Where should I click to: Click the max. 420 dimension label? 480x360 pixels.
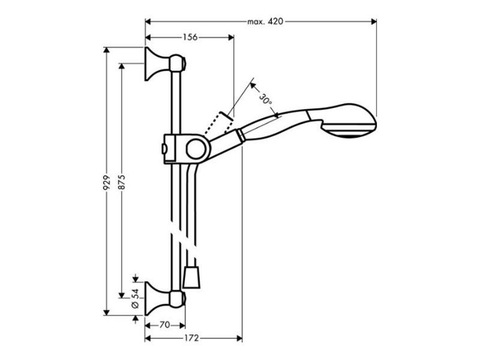pyautogui.click(x=265, y=22)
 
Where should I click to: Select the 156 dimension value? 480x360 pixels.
pyautogui.click(x=190, y=37)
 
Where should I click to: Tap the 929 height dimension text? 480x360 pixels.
pyautogui.click(x=106, y=182)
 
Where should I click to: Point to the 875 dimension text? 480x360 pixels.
pyautogui.click(x=122, y=182)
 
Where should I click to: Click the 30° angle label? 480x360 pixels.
pyautogui.click(x=265, y=99)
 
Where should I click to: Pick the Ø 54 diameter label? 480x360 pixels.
pyautogui.click(x=135, y=298)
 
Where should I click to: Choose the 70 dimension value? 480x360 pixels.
pyautogui.click(x=164, y=325)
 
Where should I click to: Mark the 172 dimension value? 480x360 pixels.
pyautogui.click(x=191, y=338)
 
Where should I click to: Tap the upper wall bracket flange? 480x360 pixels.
pyautogui.click(x=153, y=64)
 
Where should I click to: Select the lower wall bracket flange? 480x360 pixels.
pyautogui.click(x=153, y=298)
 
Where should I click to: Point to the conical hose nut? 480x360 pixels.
pyautogui.click(x=191, y=277)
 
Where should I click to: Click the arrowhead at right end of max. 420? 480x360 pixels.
pyautogui.click(x=374, y=22)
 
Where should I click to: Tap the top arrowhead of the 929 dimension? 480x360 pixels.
pyautogui.click(x=106, y=50)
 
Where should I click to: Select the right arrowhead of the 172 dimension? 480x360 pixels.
pyautogui.click(x=239, y=338)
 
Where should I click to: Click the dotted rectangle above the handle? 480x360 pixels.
pyautogui.click(x=219, y=123)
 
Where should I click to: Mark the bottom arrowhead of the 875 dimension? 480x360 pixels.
pyautogui.click(x=122, y=295)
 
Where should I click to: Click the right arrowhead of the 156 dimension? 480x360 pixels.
pyautogui.click(x=231, y=37)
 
